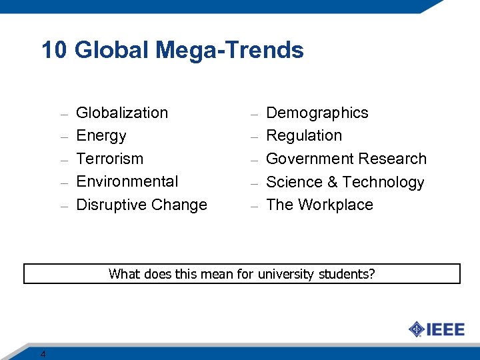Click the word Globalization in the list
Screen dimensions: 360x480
(122, 113)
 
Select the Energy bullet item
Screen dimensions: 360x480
(101, 136)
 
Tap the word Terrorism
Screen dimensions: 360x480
(110, 159)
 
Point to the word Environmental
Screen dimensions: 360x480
(127, 181)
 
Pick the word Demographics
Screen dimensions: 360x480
(317, 113)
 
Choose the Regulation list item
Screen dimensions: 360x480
(304, 136)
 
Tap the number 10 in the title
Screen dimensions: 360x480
(54, 50)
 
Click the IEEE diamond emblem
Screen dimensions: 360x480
(416, 329)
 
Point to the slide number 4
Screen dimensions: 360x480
(43, 354)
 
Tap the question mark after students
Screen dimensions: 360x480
(372, 274)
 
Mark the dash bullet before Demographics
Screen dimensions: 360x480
(254, 115)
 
